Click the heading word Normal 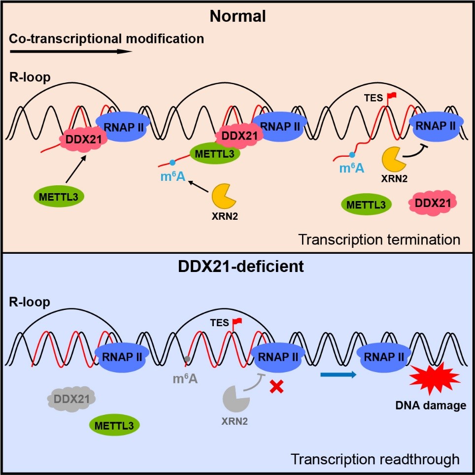coord(237,16)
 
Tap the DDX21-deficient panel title coord(237,268)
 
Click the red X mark coord(277,388)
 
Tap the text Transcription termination coord(379,240)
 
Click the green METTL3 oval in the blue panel coord(114,425)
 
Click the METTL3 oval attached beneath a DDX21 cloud coord(215,154)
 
